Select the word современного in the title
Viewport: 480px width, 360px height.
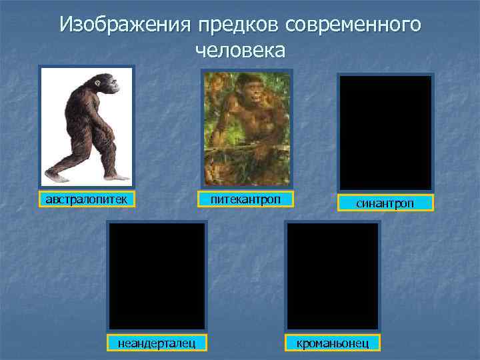click(353, 25)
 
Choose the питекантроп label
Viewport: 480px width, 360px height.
click(246, 199)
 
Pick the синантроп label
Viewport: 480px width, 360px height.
click(385, 203)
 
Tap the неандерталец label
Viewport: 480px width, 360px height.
click(157, 343)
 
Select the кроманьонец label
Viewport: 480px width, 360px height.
click(331, 343)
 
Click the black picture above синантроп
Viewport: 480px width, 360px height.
click(385, 132)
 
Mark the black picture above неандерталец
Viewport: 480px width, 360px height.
click(157, 275)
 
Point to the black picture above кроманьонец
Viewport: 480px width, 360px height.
click(333, 275)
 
